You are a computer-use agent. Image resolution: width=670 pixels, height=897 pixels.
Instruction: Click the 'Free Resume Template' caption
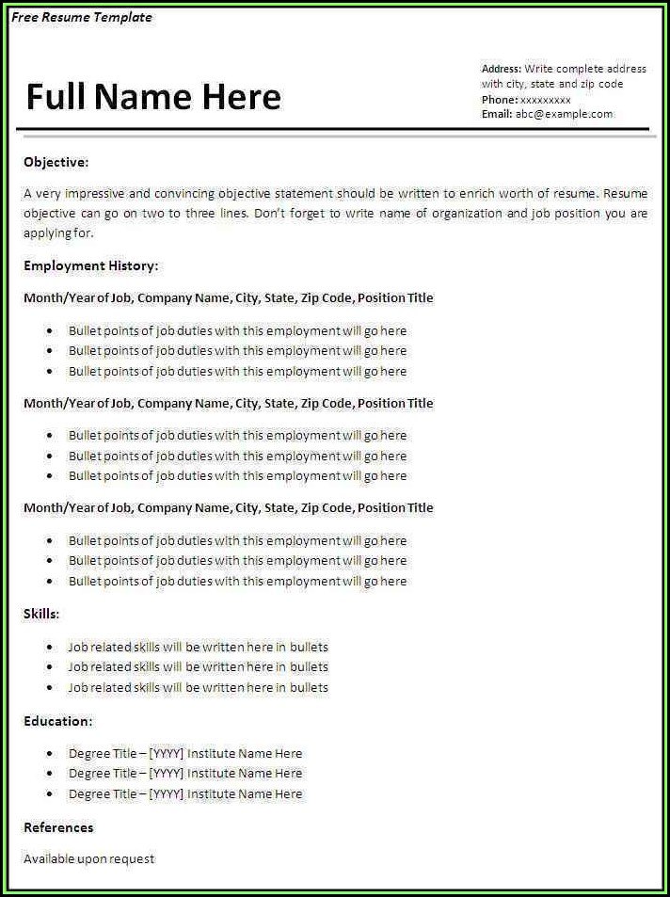(x=82, y=17)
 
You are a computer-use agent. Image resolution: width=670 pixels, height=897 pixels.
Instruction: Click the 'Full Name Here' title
(x=153, y=97)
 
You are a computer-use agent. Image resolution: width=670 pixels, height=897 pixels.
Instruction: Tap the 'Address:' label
(x=501, y=69)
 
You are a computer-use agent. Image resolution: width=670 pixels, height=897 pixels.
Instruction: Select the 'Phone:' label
(x=499, y=99)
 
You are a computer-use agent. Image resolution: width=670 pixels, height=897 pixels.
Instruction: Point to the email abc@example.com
(x=564, y=114)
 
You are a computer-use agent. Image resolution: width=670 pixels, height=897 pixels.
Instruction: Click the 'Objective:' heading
(x=56, y=162)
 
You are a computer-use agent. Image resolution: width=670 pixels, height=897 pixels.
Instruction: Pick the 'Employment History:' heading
(x=90, y=265)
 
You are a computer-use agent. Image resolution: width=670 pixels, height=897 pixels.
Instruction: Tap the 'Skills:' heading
(x=41, y=614)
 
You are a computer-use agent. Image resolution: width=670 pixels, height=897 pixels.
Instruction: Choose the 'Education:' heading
(x=57, y=721)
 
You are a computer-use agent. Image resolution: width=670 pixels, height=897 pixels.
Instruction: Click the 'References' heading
(x=58, y=827)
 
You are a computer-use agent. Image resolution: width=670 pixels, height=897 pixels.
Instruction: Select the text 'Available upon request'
(x=88, y=858)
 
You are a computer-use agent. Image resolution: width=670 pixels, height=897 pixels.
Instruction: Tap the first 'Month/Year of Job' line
(x=228, y=297)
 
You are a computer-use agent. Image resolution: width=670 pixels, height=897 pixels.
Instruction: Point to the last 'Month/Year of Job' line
(x=228, y=507)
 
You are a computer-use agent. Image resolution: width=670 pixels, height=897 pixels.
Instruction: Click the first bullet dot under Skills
(x=48, y=648)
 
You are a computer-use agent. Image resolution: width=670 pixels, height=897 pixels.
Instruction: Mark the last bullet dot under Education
(x=48, y=794)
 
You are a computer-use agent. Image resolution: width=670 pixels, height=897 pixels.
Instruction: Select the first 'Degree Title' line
(x=185, y=753)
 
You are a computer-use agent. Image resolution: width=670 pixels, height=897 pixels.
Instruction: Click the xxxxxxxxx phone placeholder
(x=546, y=99)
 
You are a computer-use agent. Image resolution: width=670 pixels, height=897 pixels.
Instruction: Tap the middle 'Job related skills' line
(x=198, y=666)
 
